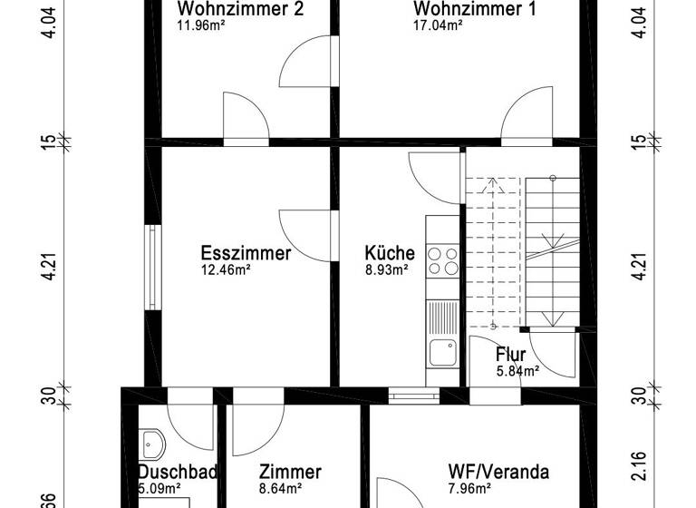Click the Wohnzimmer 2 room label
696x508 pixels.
[x=240, y=9]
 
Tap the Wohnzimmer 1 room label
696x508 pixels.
[x=474, y=9]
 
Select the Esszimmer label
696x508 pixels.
[x=246, y=253]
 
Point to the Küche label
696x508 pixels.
[x=390, y=253]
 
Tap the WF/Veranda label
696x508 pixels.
[x=498, y=472]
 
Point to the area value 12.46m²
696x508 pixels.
[x=226, y=269]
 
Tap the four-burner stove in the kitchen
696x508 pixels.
[x=443, y=261]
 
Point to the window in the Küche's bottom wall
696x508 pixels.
[x=414, y=396]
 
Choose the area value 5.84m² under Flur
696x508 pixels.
[x=517, y=370]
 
